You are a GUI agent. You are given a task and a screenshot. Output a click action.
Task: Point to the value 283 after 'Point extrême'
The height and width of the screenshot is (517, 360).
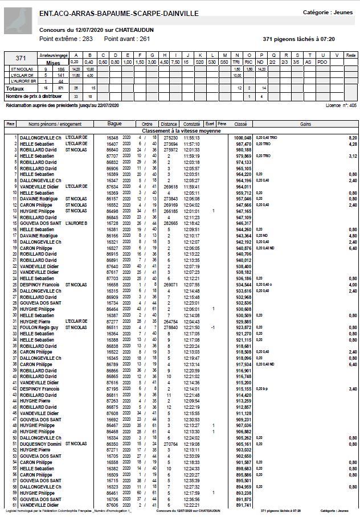pyautogui.click(x=87, y=39)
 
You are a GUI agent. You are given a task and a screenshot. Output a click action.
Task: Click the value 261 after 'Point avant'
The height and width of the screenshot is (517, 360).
pyautogui.click(x=144, y=39)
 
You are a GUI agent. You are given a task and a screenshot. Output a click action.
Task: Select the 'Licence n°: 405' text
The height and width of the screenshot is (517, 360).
pyautogui.click(x=341, y=105)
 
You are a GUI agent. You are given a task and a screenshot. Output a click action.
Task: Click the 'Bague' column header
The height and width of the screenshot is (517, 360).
pyautogui.click(x=114, y=124)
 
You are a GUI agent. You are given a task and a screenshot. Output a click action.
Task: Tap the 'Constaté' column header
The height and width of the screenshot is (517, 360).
pyautogui.click(x=192, y=124)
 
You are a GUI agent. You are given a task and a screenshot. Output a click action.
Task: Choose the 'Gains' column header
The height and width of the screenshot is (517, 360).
pyautogui.click(x=305, y=124)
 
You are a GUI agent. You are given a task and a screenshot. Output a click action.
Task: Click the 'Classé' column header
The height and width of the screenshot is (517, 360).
pyautogui.click(x=240, y=124)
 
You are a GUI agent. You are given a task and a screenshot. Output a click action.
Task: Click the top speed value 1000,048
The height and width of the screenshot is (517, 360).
pyautogui.click(x=243, y=138)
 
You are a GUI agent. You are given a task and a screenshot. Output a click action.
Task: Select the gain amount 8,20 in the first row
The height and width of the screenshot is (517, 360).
pyautogui.click(x=353, y=138)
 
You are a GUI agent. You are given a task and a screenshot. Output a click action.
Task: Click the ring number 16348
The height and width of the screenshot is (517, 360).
pyautogui.click(x=112, y=138)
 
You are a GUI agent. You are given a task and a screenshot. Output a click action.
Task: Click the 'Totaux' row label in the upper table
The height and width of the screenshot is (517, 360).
pyautogui.click(x=15, y=89)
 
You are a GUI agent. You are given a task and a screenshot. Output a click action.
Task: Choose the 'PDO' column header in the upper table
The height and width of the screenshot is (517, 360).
pyautogui.click(x=322, y=61)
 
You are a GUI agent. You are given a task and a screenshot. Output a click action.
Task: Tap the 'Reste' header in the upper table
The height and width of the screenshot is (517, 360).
pyautogui.click(x=351, y=55)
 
